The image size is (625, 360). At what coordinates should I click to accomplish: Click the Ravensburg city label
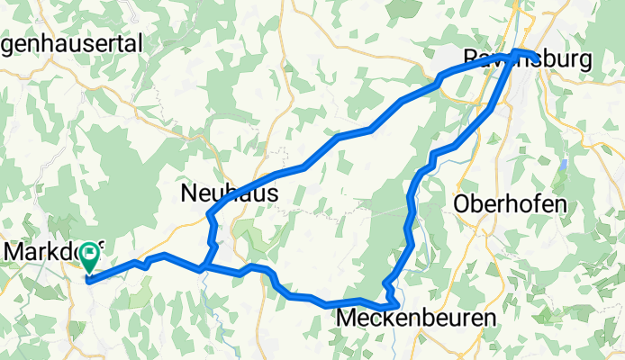coord(527,60)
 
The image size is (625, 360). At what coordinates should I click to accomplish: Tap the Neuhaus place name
coord(229,193)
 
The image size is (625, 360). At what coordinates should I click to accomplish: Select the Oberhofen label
coord(511,203)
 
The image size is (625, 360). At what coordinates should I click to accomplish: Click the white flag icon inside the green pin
coord(90,255)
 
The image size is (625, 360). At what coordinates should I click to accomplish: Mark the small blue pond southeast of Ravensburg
coord(564,166)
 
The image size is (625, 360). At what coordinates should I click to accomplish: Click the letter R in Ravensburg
coord(470,60)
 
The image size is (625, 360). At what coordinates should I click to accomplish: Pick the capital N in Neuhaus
coord(189,193)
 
